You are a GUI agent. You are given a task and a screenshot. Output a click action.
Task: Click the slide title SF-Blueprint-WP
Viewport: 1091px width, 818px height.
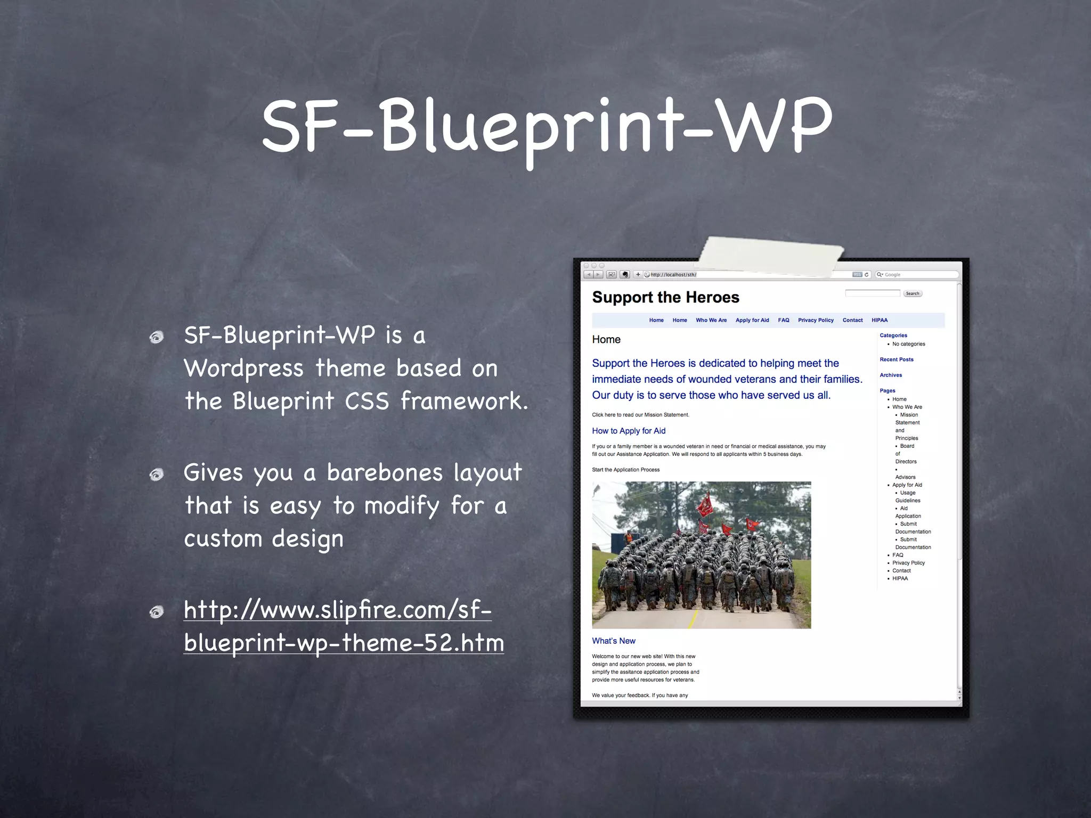point(547,128)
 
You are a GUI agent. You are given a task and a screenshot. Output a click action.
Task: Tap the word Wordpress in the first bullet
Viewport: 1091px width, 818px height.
point(244,369)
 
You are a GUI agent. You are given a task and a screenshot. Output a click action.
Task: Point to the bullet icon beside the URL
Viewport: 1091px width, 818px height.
point(157,612)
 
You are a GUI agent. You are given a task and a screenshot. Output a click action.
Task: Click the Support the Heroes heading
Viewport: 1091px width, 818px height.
point(665,297)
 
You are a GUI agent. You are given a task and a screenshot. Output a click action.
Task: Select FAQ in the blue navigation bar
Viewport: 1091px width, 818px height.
point(783,320)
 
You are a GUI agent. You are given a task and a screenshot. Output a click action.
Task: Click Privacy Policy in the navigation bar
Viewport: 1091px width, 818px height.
point(815,320)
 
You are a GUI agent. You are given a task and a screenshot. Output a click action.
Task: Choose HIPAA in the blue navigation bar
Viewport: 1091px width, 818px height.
point(879,320)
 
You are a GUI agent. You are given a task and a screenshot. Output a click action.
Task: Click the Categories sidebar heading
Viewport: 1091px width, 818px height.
point(893,336)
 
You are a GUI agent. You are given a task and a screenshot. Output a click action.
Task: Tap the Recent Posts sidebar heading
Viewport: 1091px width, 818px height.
point(896,359)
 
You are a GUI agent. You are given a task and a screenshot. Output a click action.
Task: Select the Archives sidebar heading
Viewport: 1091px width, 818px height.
point(891,375)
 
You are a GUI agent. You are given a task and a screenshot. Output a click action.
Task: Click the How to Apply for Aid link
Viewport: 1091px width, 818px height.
point(629,431)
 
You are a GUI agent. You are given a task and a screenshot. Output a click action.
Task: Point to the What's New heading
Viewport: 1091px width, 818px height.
point(614,641)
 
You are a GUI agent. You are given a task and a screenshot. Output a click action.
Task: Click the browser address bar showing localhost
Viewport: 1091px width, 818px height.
point(746,275)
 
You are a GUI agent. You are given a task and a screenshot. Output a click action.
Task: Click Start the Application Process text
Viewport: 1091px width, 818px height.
point(625,470)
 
